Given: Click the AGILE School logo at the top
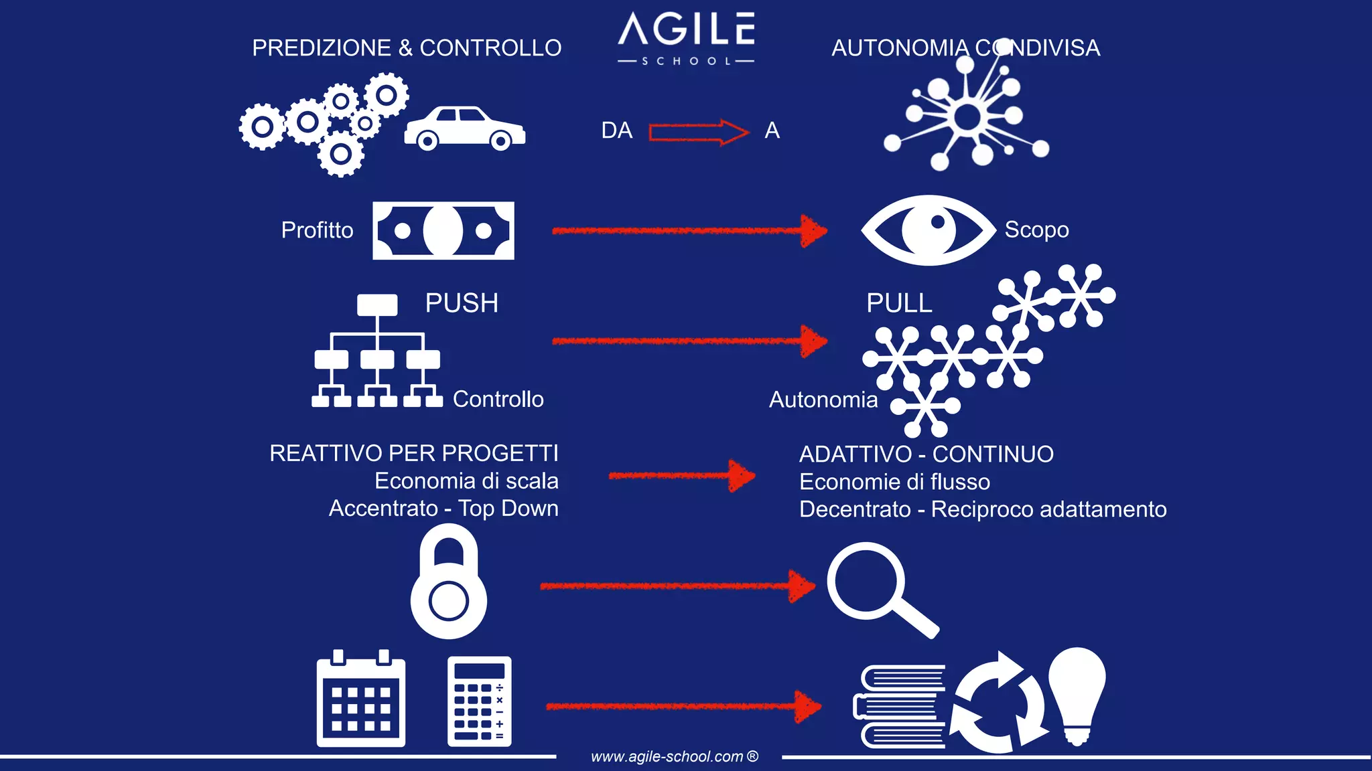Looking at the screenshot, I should click(x=686, y=37).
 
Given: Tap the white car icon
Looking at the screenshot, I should click(x=464, y=128).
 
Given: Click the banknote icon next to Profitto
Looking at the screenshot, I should click(x=443, y=230).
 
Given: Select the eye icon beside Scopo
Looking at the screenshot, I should click(x=928, y=230).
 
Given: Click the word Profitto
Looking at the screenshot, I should click(x=317, y=230).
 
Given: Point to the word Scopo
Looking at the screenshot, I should click(x=1036, y=230).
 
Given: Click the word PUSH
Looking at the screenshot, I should click(x=462, y=303).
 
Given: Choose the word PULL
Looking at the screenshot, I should click(x=899, y=303).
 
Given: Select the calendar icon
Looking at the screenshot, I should click(x=361, y=699).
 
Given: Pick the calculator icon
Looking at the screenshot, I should click(x=479, y=701).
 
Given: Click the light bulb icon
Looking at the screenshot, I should click(x=1077, y=693).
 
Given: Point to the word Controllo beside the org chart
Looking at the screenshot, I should click(x=498, y=399).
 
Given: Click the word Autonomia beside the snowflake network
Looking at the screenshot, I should click(x=823, y=400).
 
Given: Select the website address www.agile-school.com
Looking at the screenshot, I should click(x=673, y=756).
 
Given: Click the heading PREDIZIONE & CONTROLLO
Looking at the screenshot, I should click(x=407, y=48).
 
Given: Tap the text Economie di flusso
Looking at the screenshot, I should click(x=894, y=482).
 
